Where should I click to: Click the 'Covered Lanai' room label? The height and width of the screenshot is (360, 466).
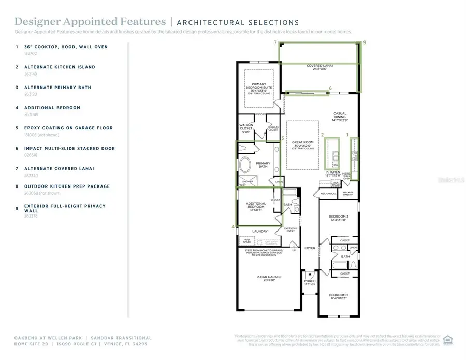tap(319, 67)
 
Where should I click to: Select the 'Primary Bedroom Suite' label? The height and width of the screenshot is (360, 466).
tap(258, 89)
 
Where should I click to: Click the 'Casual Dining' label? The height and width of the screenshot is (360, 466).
tap(340, 117)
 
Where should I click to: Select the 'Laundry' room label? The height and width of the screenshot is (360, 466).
tap(259, 232)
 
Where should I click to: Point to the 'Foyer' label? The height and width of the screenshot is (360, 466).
tap(310, 248)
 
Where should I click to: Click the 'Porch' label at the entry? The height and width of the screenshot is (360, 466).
tap(310, 282)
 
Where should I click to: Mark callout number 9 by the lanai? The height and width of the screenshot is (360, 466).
tap(365, 43)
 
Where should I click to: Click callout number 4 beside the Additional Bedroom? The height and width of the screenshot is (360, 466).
tap(232, 227)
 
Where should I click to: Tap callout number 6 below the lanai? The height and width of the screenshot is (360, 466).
tap(330, 88)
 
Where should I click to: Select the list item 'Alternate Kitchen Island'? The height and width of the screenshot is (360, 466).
tap(60, 67)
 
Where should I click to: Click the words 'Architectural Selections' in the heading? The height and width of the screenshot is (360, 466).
tap(238, 22)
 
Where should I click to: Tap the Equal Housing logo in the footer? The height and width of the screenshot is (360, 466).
tap(448, 340)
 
